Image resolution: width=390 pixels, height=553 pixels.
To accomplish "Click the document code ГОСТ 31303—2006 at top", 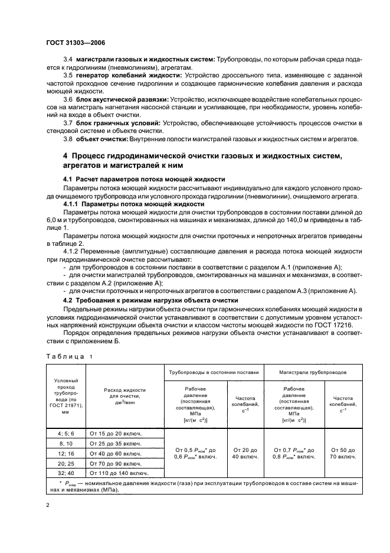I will pos(76,43).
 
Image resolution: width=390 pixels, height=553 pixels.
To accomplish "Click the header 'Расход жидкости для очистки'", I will pos(124,398).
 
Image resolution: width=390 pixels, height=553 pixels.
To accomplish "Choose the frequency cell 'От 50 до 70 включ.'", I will pos(343,453).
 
